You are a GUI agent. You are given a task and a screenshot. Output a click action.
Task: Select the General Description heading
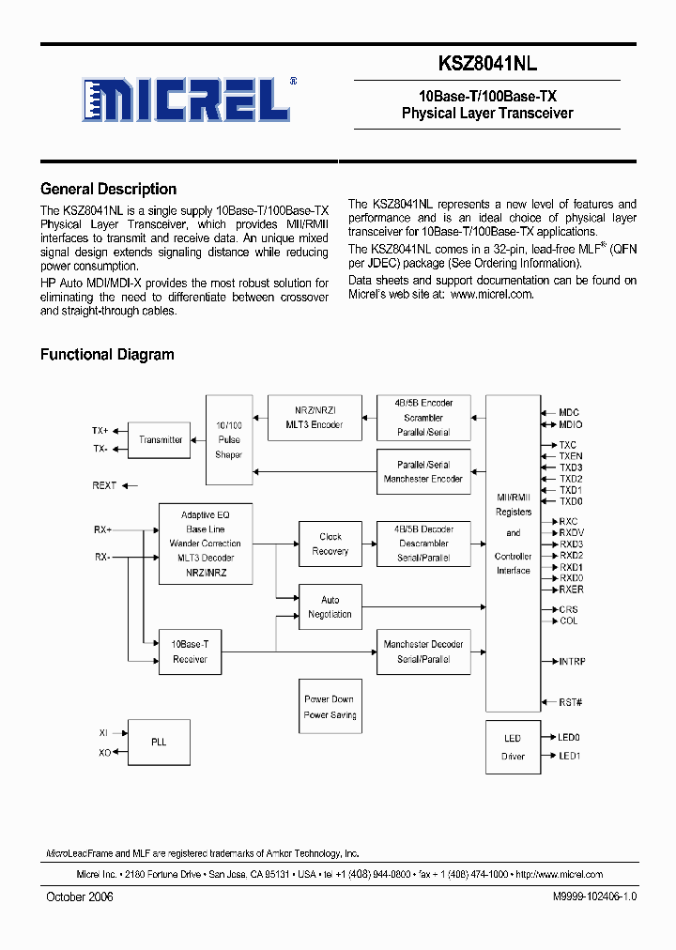point(108,189)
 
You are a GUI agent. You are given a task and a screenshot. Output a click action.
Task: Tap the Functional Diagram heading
point(107,355)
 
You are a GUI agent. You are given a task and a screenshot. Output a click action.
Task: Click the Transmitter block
point(161,439)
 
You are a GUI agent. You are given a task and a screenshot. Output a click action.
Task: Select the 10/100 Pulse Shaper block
point(228,439)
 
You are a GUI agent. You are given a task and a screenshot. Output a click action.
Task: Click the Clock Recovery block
point(330,544)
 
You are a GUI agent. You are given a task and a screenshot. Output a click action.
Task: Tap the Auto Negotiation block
point(330,607)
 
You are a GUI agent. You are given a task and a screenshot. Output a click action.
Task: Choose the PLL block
point(159,742)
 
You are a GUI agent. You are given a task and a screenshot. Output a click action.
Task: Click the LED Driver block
point(513,746)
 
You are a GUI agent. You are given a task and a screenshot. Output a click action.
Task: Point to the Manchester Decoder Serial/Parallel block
point(422,651)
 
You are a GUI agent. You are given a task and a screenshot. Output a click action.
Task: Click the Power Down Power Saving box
point(330,707)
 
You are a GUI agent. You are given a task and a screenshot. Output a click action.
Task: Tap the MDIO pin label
point(571,425)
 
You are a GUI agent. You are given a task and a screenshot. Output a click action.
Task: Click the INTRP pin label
point(572,662)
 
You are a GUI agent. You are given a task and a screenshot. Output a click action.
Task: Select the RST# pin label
point(571,702)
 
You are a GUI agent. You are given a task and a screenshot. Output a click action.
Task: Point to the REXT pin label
point(104,485)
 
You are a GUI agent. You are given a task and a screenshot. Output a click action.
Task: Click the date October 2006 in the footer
point(80,896)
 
